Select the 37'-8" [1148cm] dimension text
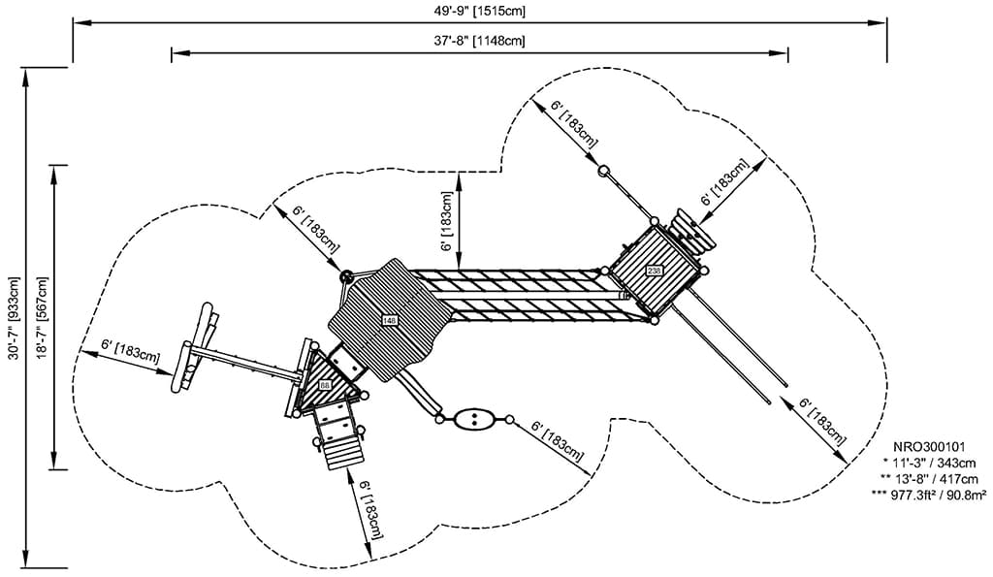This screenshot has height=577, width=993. (x=479, y=41)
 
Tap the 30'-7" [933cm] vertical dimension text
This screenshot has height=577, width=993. (x=13, y=321)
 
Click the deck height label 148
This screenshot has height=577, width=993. (x=390, y=320)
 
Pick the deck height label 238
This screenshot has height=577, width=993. (x=654, y=271)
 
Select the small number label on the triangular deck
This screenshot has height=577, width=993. (x=325, y=386)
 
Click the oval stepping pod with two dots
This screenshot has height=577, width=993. (x=474, y=419)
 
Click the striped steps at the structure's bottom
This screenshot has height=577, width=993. (x=342, y=451)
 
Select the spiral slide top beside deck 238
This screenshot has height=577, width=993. (x=694, y=232)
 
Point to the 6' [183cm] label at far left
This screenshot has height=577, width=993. (x=130, y=350)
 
